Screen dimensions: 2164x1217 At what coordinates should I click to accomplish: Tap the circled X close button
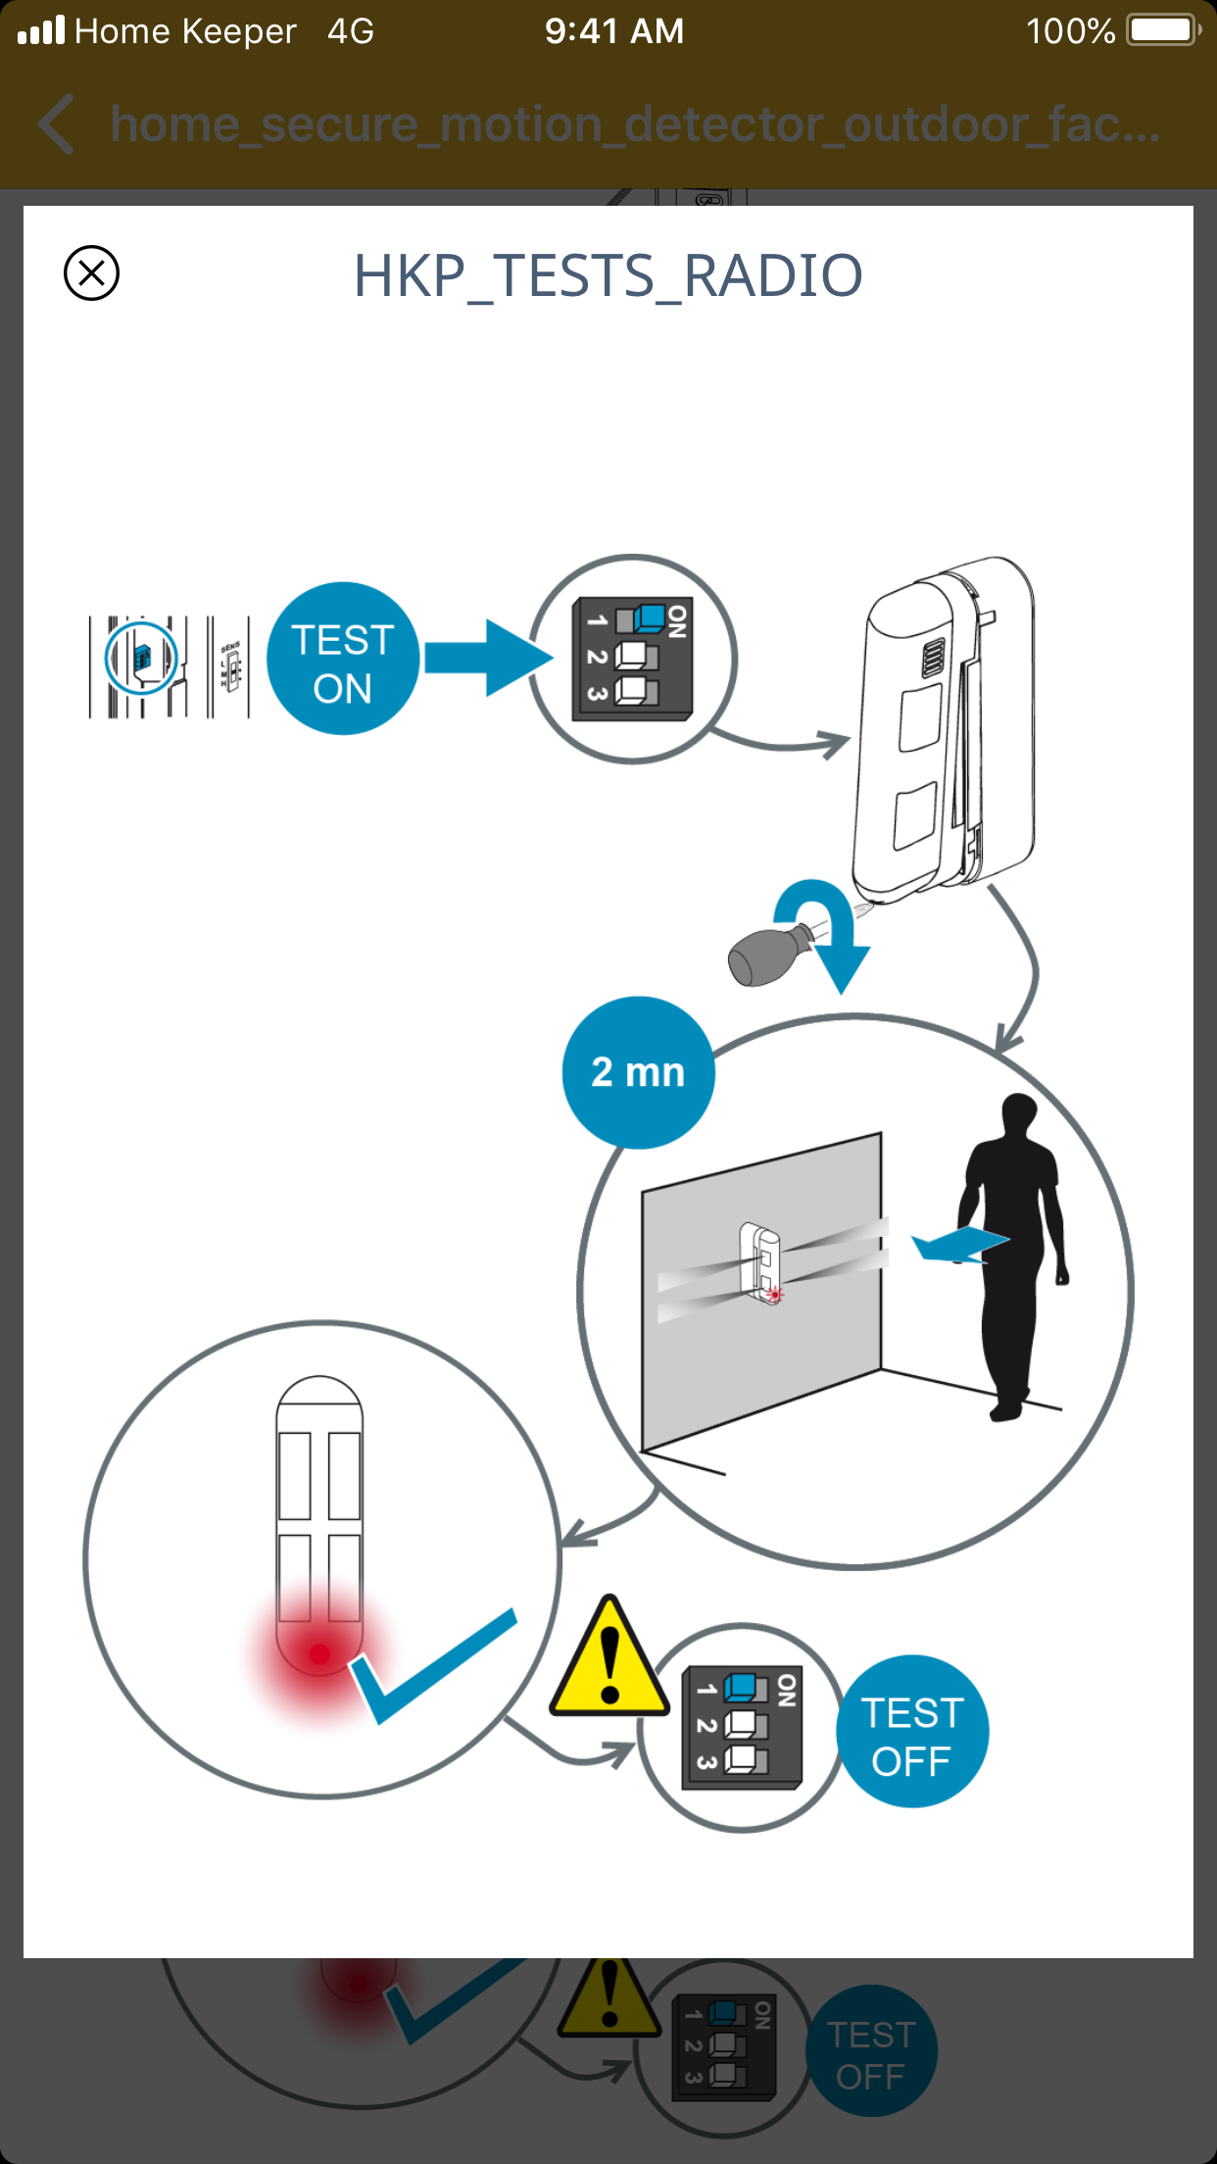point(91,272)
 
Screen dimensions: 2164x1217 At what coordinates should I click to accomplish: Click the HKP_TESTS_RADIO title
point(608,275)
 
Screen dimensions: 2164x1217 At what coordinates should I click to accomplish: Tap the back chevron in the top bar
point(57,124)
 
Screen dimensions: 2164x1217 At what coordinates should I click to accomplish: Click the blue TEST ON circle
point(342,659)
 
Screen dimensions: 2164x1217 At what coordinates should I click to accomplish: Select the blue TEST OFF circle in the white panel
point(911,1731)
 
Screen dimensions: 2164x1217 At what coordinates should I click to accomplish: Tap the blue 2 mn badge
point(638,1072)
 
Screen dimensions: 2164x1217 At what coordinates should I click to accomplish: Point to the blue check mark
point(431,1666)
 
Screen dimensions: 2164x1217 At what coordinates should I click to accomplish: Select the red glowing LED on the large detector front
point(319,1654)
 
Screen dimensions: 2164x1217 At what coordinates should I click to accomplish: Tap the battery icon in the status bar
point(1163,30)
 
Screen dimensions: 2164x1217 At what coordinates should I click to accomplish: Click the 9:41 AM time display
point(614,31)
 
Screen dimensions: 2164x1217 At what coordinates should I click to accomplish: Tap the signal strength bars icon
point(41,30)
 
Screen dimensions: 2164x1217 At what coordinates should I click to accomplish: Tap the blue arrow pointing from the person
point(958,1245)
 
